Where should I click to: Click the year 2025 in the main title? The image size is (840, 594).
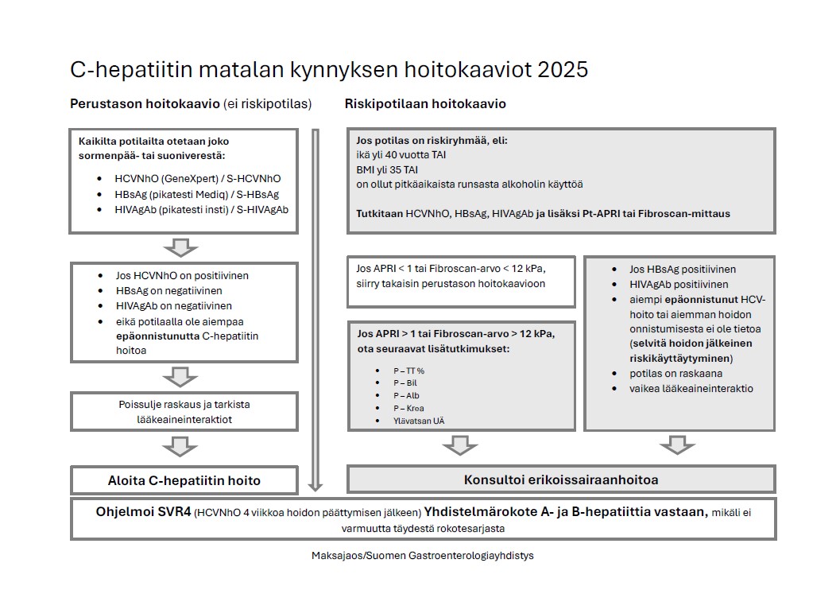(x=563, y=70)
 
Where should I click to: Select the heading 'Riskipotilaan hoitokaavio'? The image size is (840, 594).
(x=425, y=104)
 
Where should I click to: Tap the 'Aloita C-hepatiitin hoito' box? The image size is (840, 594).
(x=184, y=480)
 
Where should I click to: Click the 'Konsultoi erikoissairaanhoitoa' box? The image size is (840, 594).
(x=561, y=479)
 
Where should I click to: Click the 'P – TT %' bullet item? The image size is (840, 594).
(x=409, y=371)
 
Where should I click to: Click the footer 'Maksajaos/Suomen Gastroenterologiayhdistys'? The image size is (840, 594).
(x=423, y=555)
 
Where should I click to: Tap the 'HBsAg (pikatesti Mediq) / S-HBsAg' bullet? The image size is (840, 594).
(x=196, y=194)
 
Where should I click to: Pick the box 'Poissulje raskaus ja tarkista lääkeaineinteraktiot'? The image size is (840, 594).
(x=184, y=412)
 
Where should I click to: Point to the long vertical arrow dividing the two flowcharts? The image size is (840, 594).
(x=315, y=310)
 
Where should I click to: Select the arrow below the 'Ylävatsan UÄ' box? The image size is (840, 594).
(x=460, y=445)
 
